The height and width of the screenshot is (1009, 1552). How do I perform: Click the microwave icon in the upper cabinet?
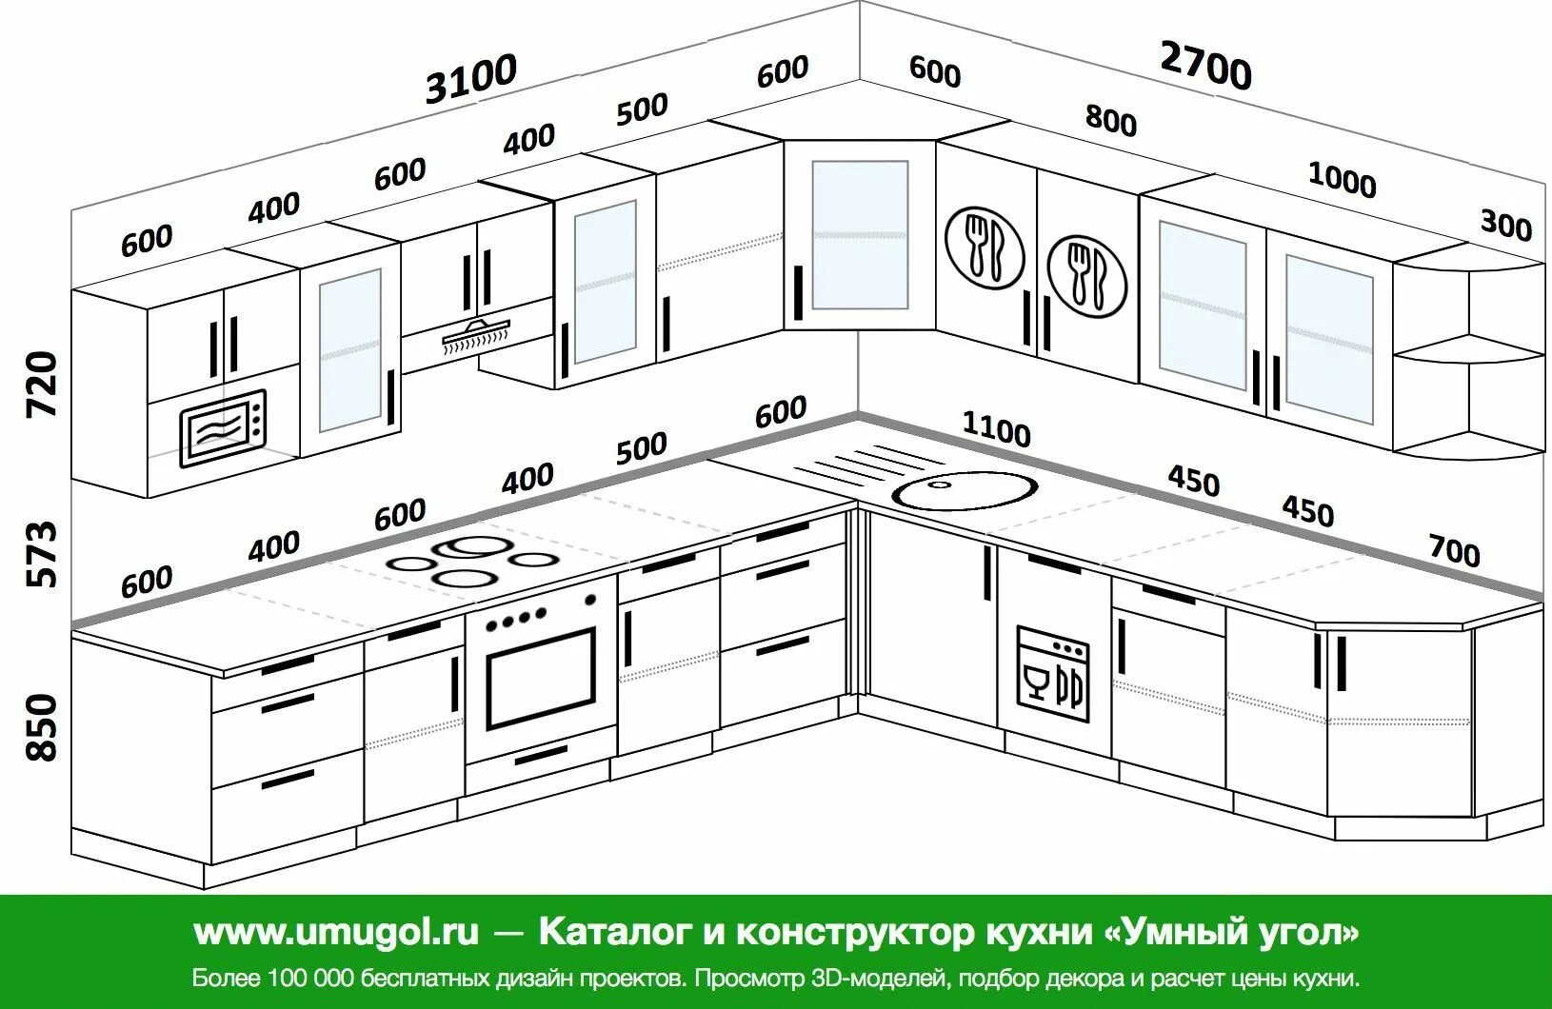[222, 429]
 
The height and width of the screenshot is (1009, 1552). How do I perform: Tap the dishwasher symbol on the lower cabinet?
[1052, 666]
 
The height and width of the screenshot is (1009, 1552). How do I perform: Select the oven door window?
[541, 677]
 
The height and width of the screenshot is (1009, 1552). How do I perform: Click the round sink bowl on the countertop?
[965, 489]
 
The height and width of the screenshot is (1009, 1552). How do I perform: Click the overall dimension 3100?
[471, 78]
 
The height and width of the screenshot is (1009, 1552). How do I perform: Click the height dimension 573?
[42, 553]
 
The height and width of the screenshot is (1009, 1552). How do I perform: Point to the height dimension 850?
[42, 727]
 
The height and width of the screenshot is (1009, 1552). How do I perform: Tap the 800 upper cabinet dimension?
[1110, 120]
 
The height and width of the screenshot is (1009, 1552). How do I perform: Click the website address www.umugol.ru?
[336, 931]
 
